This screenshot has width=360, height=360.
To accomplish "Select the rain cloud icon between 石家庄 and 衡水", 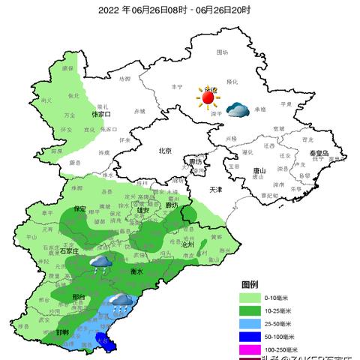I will pyautogui.click(x=100, y=262).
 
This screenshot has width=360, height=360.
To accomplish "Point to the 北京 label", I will pyautogui.click(x=166, y=151).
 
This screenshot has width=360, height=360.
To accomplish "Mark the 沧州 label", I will pyautogui.click(x=187, y=244).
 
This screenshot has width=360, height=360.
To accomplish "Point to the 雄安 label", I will pyautogui.click(x=140, y=211).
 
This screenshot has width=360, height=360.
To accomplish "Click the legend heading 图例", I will pyautogui.click(x=250, y=286).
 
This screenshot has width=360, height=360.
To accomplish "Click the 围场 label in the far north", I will pyautogui.click(x=221, y=52).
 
